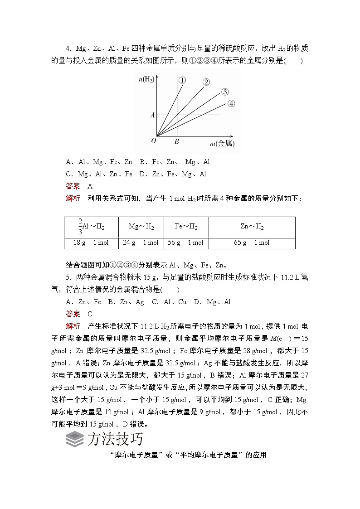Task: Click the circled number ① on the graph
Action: [x=182, y=80]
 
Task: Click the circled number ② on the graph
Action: [x=206, y=82]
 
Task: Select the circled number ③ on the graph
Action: [x=224, y=92]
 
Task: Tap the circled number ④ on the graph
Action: [x=231, y=103]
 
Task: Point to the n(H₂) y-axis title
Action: [x=146, y=80]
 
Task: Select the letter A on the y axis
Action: [x=152, y=115]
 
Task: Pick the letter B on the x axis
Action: [x=176, y=141]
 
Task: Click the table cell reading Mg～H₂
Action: [x=141, y=227]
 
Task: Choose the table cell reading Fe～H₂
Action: [x=186, y=227]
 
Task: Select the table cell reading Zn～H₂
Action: [x=252, y=227]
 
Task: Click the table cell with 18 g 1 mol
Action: [x=91, y=242]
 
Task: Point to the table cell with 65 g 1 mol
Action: [x=252, y=242]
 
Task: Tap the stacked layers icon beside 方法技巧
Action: [x=74, y=439]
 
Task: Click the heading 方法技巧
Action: [x=115, y=439]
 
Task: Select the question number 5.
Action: [x=68, y=277]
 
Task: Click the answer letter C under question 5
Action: [x=90, y=314]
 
